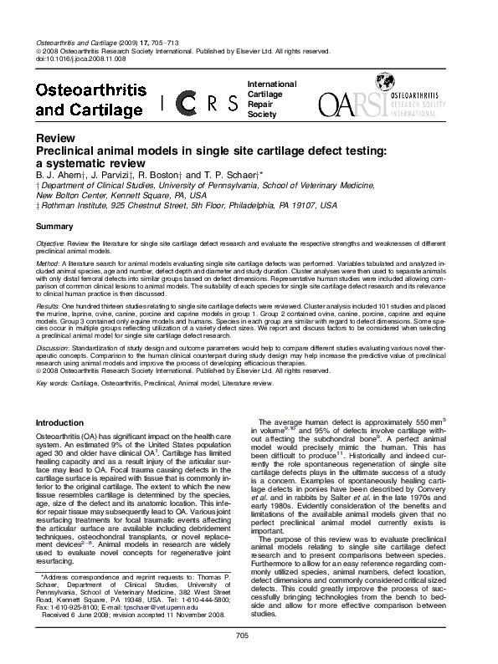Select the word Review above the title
[x=52, y=138]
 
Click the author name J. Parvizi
[x=110, y=175]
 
